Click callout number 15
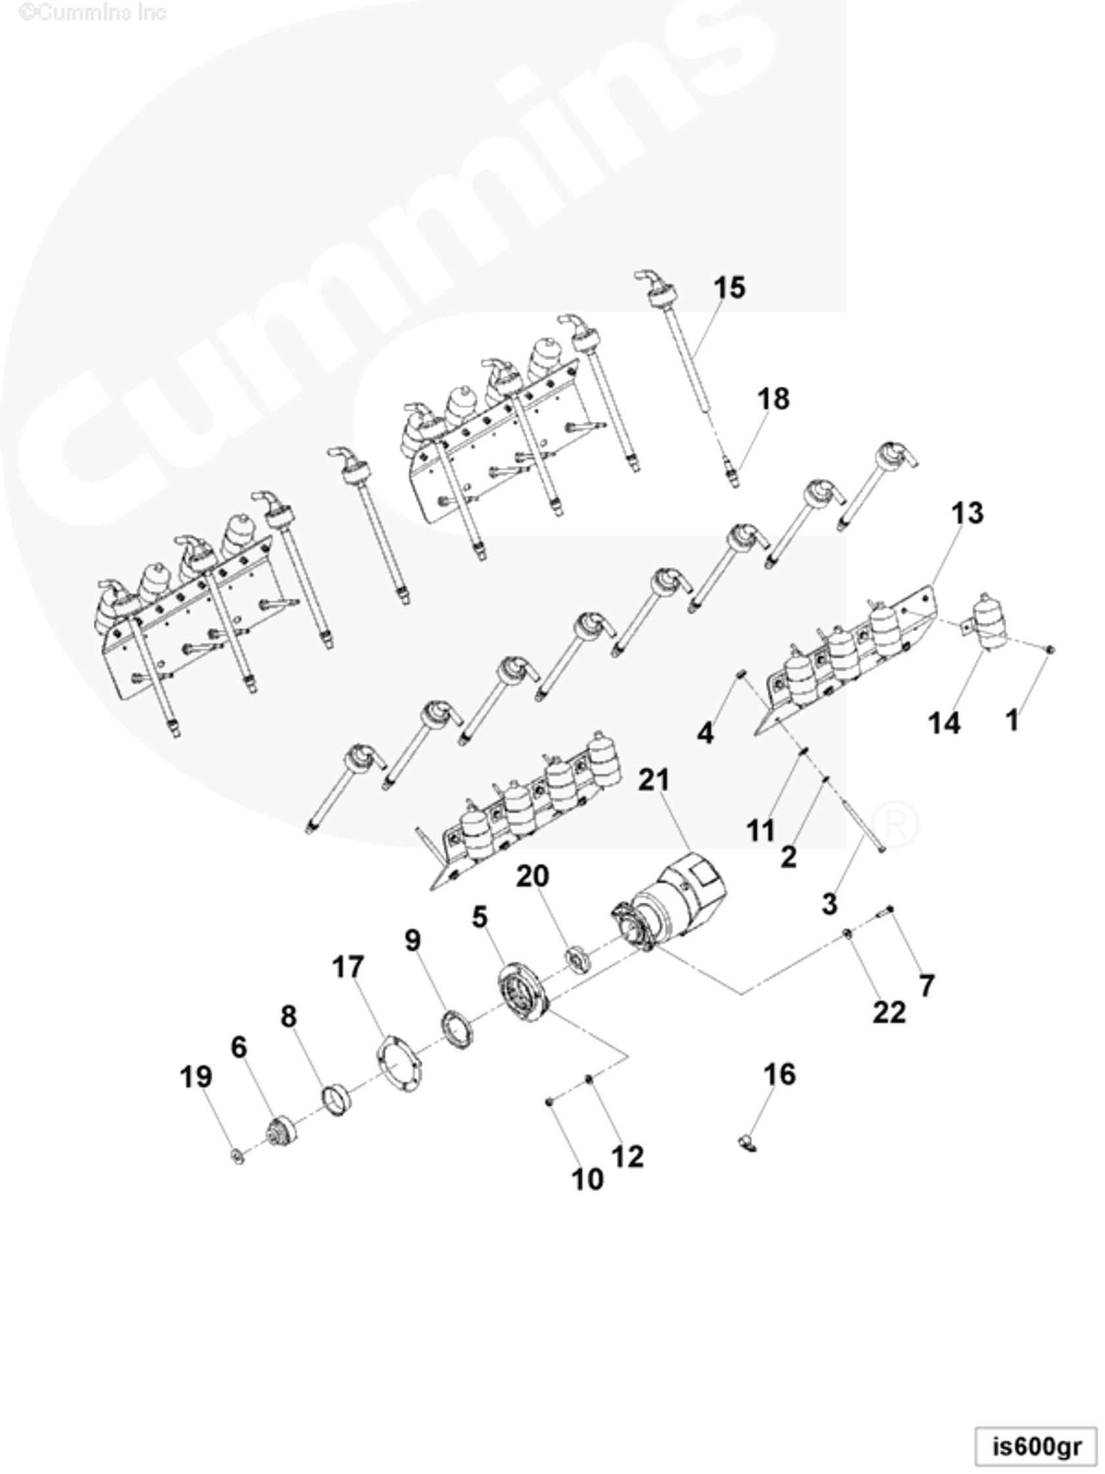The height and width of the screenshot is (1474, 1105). click(729, 288)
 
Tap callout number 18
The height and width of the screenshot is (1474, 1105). click(773, 399)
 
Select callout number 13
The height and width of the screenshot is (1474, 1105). click(966, 513)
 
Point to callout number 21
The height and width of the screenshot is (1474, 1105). click(653, 780)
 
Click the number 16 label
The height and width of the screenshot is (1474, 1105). click(779, 1075)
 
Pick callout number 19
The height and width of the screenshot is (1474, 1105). click(196, 1077)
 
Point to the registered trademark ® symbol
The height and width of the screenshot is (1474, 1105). click(894, 825)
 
